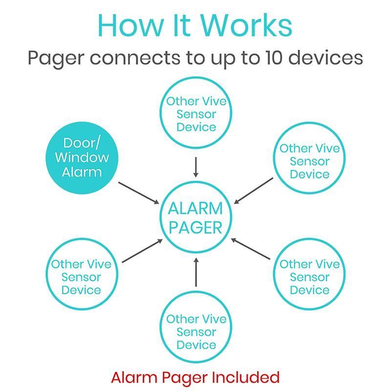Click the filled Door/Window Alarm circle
[x=82, y=158]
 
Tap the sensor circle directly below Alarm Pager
[x=195, y=332]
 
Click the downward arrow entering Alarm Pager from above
[x=195, y=167]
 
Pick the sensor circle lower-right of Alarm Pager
[x=309, y=277]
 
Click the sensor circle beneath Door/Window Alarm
[x=81, y=277]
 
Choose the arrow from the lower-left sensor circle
[x=142, y=251]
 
